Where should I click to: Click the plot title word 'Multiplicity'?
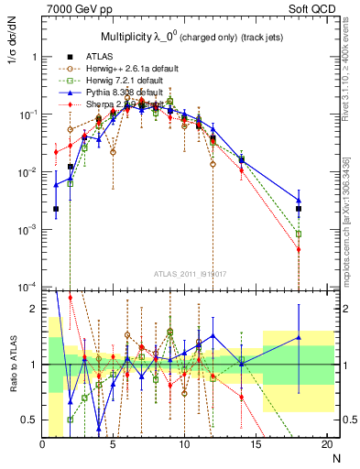tap(132, 36)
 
